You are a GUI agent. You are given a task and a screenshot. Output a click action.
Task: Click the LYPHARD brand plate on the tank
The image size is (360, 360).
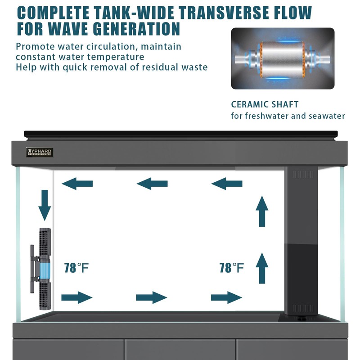[40, 152]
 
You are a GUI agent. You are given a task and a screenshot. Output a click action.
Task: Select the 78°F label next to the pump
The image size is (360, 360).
[76, 268]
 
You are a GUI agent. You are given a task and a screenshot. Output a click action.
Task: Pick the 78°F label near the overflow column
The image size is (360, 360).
[232, 268]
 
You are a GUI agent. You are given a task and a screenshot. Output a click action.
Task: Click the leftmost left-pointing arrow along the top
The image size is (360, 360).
[77, 183]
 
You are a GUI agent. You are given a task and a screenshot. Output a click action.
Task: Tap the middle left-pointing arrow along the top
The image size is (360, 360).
[152, 183]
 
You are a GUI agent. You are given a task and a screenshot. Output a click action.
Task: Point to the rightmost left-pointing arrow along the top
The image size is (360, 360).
[227, 183]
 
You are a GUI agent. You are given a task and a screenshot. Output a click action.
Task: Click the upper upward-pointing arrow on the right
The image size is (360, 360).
[261, 211]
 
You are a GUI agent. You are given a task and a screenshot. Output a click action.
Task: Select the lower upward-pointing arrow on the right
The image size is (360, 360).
[261, 268]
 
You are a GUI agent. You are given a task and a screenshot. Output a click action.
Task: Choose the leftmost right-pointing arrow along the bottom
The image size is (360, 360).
[77, 297]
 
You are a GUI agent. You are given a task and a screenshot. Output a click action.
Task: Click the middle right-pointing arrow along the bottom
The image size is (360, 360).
[152, 297]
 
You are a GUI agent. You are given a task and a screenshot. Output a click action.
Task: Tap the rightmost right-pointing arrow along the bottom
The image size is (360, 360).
[226, 297]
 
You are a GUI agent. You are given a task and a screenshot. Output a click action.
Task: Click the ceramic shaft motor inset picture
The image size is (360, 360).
[283, 58]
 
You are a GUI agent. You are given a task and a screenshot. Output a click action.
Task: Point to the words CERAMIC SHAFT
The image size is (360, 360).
[265, 104]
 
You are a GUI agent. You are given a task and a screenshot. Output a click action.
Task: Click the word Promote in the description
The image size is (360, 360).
[35, 46]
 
